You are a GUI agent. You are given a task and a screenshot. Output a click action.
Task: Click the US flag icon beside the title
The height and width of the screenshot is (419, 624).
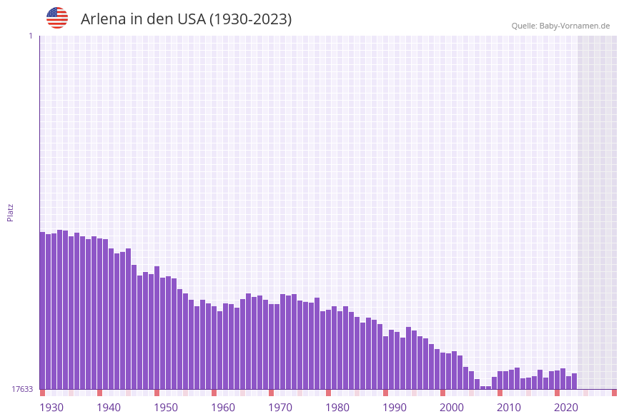pos(57,18)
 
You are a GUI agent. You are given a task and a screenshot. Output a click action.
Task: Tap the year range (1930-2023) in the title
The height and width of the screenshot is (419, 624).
pos(250,19)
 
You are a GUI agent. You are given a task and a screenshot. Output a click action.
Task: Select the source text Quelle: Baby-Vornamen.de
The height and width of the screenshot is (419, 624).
pos(560,26)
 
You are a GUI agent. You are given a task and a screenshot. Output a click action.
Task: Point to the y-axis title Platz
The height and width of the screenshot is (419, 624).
pos(10,213)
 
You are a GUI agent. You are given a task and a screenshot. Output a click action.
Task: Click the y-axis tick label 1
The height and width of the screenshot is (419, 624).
pos(30,36)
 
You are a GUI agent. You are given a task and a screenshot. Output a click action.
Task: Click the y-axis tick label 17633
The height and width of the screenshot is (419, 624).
pos(22,389)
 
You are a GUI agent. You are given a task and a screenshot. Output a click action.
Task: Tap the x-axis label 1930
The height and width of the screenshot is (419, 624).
pos(51,408)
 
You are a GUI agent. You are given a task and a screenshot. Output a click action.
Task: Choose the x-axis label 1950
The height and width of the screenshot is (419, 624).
pos(166,408)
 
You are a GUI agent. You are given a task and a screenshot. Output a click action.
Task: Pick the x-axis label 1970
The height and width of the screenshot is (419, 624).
pos(280,408)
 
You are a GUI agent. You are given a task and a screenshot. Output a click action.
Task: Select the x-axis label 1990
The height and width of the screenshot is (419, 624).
pos(395,408)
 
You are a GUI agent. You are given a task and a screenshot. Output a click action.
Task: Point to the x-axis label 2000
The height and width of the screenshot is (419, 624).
pos(452,408)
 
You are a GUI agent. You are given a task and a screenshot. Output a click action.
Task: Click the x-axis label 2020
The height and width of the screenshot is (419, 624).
pos(566,408)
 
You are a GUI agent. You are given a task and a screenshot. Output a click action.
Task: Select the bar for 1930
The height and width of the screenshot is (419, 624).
pos(42,311)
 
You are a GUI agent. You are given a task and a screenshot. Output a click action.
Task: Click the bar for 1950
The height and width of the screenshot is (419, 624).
pos(157,328)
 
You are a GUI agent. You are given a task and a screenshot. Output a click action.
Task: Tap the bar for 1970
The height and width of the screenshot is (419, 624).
pos(271,346)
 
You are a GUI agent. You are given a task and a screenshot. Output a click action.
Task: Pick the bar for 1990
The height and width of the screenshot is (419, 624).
pos(385,362)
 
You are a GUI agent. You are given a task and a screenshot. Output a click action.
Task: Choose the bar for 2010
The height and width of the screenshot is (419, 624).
pos(500,380)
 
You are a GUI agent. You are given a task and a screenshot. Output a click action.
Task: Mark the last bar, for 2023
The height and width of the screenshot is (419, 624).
pos(574,381)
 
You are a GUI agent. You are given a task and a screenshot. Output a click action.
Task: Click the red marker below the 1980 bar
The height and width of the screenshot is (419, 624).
pos(328,393)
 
